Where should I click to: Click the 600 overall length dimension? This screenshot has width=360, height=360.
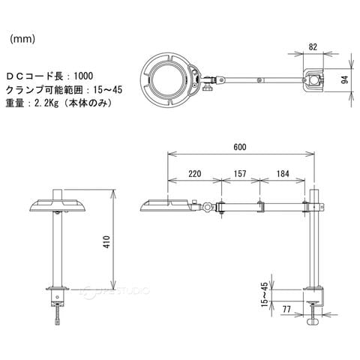pyautogui.click(x=240, y=147)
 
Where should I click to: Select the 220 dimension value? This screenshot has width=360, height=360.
pyautogui.click(x=195, y=174)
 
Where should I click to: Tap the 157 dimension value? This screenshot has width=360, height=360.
pyautogui.click(x=240, y=174)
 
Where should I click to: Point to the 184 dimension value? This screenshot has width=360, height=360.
pyautogui.click(x=283, y=174)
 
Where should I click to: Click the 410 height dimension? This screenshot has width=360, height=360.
pyautogui.click(x=107, y=241)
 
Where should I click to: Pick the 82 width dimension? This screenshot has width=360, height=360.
pyautogui.click(x=313, y=47)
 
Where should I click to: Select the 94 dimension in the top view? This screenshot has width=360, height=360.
pyautogui.click(x=345, y=80)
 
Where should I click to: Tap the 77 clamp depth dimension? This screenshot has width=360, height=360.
pyautogui.click(x=286, y=310)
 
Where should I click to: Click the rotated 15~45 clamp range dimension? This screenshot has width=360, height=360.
pyautogui.click(x=265, y=294)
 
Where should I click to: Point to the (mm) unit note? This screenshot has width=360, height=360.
pyautogui.click(x=22, y=39)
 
